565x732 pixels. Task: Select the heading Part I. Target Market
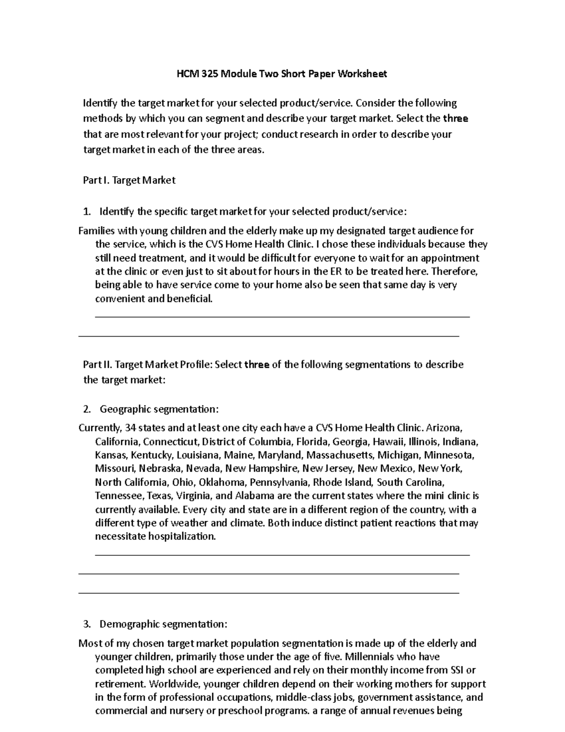point(129,180)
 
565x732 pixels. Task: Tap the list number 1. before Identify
point(87,212)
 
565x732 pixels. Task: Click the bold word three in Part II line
point(257,364)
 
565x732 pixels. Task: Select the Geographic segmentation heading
point(159,408)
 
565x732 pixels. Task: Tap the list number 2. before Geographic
point(87,408)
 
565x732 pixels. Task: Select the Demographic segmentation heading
point(163,624)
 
